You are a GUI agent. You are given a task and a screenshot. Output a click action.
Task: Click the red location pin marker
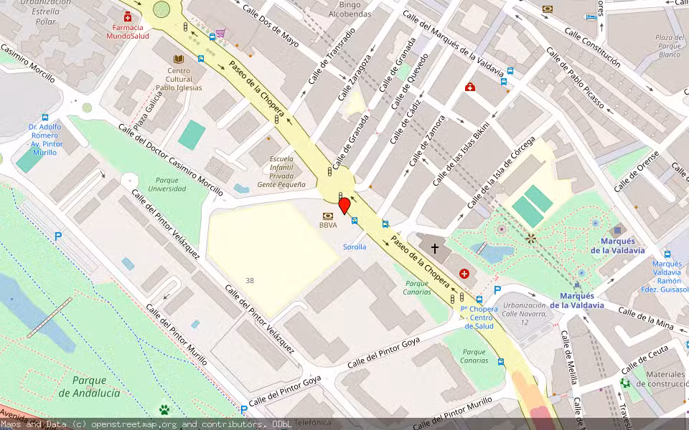coord(344,206)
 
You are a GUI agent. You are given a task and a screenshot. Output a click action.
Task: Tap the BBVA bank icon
coord(328,215)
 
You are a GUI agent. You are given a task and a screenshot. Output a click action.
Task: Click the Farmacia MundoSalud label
coord(128,32)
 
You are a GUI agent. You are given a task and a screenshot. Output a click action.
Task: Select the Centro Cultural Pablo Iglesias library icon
coord(179,59)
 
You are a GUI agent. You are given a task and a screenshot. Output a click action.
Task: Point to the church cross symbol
coord(434,249)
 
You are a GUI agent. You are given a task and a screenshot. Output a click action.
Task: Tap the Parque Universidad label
coord(167,184)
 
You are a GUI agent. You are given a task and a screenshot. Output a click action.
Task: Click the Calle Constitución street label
coord(592,47)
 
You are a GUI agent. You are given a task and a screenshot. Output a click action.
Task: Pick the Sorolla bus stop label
coord(355,247)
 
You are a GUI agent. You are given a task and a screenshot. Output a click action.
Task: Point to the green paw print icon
coord(164,410)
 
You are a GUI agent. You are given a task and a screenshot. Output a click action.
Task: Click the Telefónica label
coord(314,423)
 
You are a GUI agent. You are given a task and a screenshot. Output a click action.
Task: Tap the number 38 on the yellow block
coord(249,280)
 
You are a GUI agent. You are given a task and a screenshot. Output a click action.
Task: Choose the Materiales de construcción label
coord(665,378)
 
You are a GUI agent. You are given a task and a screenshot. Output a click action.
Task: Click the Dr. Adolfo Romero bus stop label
coord(45,135)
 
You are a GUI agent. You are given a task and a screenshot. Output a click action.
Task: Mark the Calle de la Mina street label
coord(646,319)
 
